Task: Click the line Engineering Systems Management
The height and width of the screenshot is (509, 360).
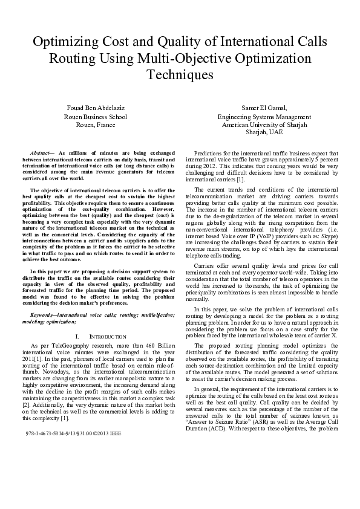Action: (x=264, y=117)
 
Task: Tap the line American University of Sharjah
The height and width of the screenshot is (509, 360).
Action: (x=264, y=125)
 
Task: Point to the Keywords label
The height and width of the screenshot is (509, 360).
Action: (x=48, y=315)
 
